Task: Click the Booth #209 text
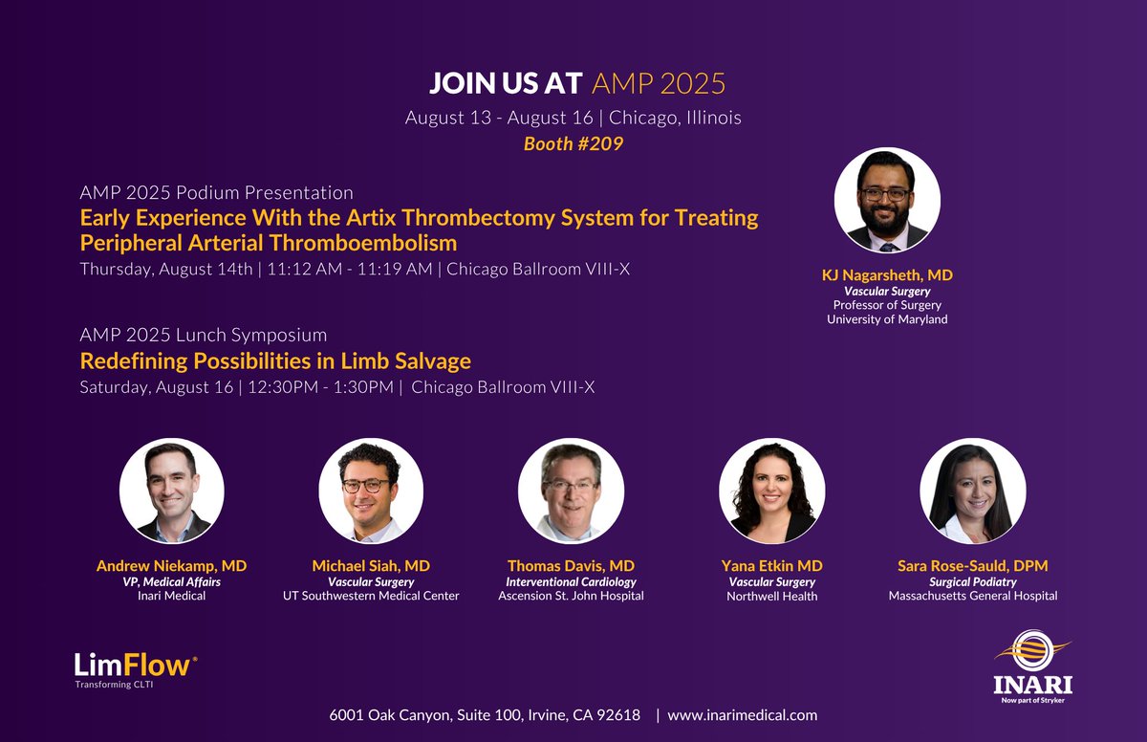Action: click(x=573, y=144)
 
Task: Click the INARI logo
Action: click(x=1031, y=665)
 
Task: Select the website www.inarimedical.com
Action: click(x=742, y=714)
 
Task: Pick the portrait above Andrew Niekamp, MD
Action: click(x=172, y=491)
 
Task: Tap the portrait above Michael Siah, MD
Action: click(x=371, y=491)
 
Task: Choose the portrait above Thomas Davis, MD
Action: click(x=571, y=491)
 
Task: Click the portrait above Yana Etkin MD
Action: click(x=769, y=491)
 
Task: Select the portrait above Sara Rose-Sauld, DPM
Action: click(x=972, y=491)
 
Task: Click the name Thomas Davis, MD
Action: click(x=571, y=565)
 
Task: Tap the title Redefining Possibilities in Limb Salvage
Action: click(x=275, y=361)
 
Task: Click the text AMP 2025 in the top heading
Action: click(x=659, y=83)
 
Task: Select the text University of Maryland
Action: click(x=887, y=319)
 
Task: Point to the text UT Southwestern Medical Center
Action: click(x=371, y=596)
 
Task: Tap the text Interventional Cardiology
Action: click(x=571, y=581)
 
